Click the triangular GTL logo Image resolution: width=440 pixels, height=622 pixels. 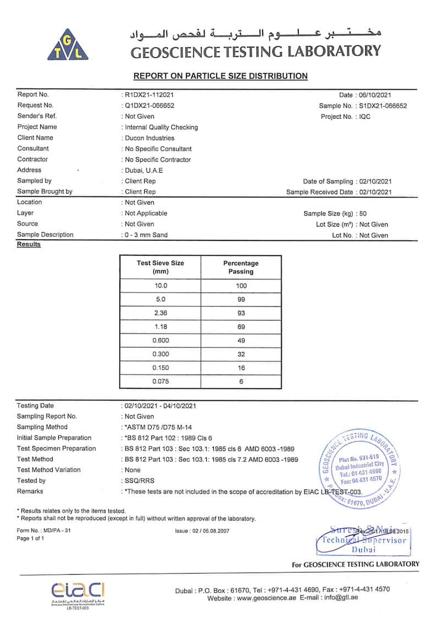(68, 45)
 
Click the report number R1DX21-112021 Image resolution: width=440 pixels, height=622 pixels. (149, 95)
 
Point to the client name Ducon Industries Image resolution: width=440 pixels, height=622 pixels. (150, 138)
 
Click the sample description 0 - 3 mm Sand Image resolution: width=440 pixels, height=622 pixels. (146, 235)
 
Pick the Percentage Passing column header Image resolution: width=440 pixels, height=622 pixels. (241, 267)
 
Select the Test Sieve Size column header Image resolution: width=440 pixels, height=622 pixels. (160, 267)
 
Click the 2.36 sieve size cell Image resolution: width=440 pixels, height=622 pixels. (160, 313)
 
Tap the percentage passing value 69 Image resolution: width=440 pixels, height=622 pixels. (241, 327)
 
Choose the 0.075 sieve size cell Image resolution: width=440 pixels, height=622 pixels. (160, 382)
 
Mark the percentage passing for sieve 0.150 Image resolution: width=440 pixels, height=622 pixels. (241, 368)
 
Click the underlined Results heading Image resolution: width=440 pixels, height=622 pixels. (29, 244)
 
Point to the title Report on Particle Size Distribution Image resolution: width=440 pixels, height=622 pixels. (221, 76)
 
